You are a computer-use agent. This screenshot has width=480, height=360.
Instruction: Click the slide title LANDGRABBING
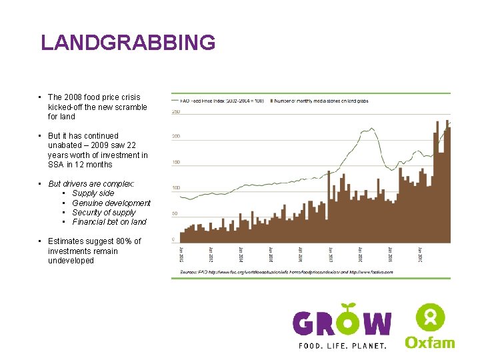coord(128,43)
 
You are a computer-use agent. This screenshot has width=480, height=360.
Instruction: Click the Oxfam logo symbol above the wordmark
coord(430,317)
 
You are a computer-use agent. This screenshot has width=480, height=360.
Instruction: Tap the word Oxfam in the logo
coord(430,342)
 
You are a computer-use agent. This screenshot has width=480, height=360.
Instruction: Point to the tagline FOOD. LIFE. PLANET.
coord(342,345)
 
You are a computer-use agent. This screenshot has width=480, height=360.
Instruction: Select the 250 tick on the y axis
coord(176,111)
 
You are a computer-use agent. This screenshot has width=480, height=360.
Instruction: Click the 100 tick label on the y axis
coord(176,188)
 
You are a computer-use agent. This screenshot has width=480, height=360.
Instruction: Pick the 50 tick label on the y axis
coord(176,213)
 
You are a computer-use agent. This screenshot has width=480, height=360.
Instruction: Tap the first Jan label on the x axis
coord(181,255)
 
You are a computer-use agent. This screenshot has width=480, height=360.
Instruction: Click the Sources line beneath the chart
coord(287,272)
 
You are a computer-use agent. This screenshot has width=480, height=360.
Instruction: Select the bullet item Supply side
coord(93,193)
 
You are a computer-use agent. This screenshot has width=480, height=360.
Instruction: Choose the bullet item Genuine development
coord(111,203)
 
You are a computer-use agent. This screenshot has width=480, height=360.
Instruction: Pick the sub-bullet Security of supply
coord(104,213)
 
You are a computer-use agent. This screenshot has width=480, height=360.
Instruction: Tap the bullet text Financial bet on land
coord(109,222)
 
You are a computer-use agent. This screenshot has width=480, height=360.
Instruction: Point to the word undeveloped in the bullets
coord(71,261)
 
